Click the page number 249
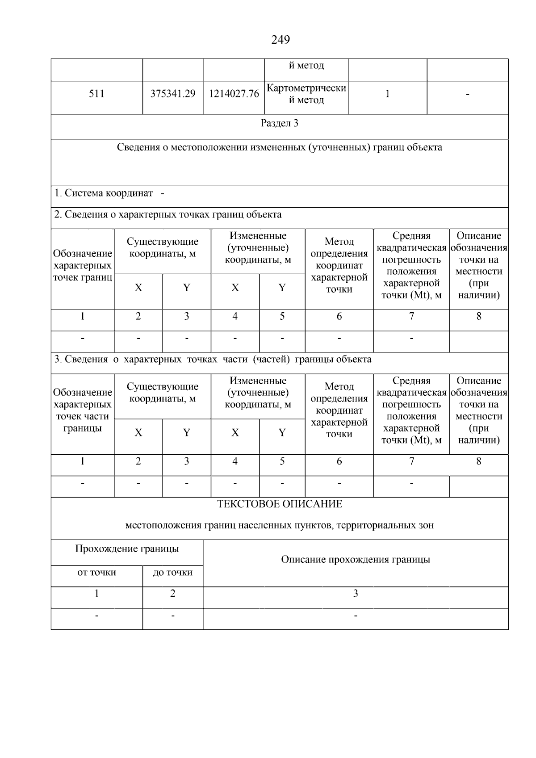coord(281,40)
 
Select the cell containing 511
coord(96,94)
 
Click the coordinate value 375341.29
coord(173,94)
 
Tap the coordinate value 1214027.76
coord(234,94)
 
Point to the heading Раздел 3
coord(280,123)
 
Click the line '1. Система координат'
coord(104,193)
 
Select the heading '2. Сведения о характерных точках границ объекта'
coord(168,214)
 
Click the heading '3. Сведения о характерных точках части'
coord(213,359)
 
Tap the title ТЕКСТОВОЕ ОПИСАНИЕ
coord(280,504)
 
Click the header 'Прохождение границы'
coord(127,549)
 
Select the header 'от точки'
coord(96,573)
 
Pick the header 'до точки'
coord(173,573)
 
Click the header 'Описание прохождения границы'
coord(356,560)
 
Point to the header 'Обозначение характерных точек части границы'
coord(83,410)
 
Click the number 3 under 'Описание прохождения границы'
coord(356,594)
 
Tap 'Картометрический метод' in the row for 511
coord(306,94)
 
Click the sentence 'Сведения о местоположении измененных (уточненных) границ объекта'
coord(280,147)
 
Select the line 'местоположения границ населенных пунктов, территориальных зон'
coord(280,525)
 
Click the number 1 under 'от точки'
coord(96,594)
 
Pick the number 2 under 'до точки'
coord(173,594)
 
